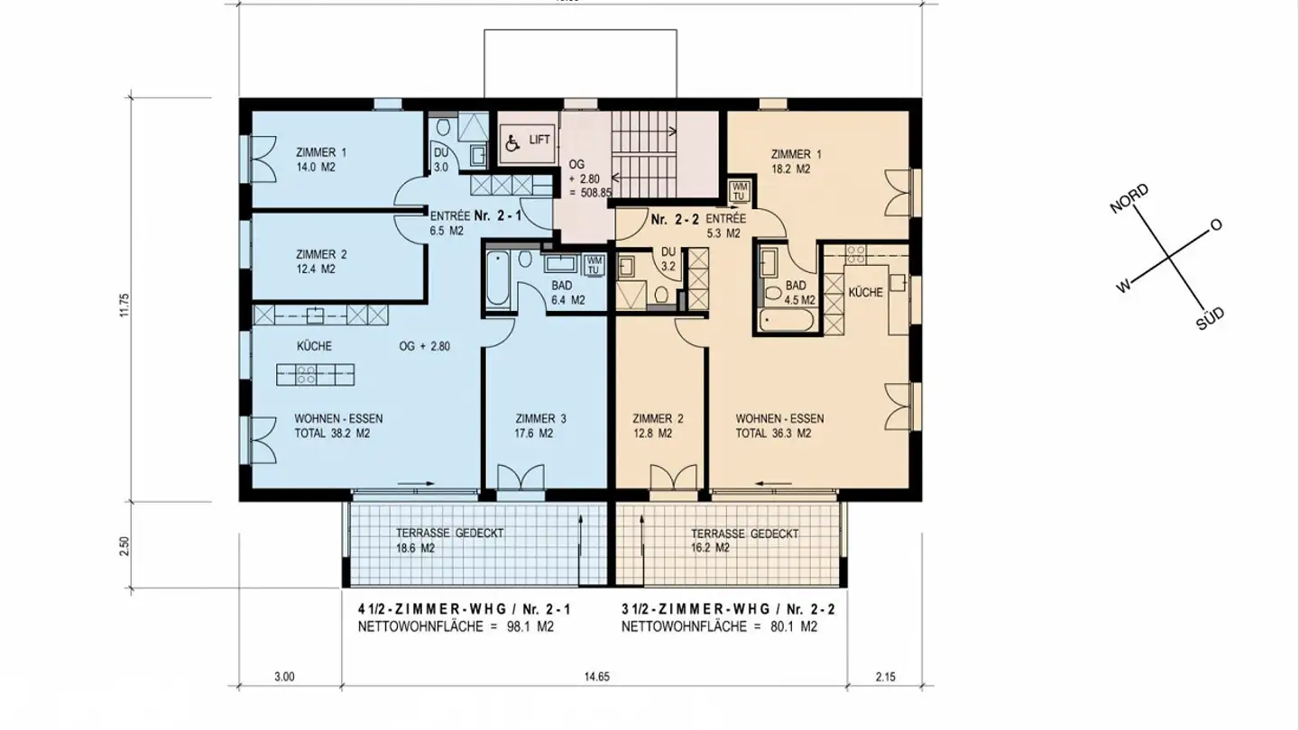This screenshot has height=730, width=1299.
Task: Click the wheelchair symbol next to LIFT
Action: [512, 142]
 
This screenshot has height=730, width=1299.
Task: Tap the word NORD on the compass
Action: [1129, 199]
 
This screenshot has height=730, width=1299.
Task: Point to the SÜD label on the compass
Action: [1210, 318]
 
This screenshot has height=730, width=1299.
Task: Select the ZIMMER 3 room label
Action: [541, 418]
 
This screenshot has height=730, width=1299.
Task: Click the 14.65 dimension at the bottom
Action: [596, 677]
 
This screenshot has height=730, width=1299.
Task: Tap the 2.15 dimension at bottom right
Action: [885, 677]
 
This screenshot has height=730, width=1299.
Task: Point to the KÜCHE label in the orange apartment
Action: [865, 293]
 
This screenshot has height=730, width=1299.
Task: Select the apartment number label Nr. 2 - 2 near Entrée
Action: [675, 219]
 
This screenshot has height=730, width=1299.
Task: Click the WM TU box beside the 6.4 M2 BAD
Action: [594, 266]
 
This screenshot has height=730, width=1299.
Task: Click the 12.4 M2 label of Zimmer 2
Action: [315, 269]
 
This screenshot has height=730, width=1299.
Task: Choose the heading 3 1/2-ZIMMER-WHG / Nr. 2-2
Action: [728, 609]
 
